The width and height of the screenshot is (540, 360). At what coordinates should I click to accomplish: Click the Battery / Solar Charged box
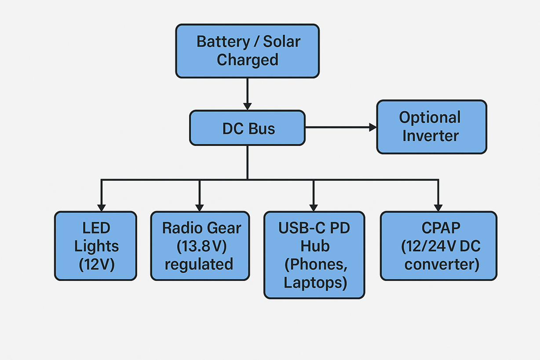click(x=247, y=51)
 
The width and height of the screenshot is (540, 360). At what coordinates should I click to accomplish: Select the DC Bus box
click(x=247, y=128)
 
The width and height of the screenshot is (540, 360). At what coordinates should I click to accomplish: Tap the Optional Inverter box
click(x=431, y=127)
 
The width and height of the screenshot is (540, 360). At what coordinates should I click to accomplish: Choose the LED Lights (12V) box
click(x=95, y=246)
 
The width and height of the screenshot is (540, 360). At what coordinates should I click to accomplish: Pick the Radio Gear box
click(x=200, y=246)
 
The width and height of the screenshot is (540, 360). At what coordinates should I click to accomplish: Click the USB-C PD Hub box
click(x=314, y=255)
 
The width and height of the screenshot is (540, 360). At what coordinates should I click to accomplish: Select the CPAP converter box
click(x=438, y=246)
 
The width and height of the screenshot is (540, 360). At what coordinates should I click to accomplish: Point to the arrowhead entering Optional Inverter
click(x=373, y=127)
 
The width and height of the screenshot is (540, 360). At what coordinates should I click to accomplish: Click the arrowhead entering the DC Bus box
click(x=247, y=106)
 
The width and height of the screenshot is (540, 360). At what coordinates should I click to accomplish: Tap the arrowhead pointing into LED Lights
click(x=102, y=207)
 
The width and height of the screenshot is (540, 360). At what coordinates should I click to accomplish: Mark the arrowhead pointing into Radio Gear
click(x=200, y=207)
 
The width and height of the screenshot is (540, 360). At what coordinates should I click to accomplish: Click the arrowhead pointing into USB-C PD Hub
click(x=314, y=207)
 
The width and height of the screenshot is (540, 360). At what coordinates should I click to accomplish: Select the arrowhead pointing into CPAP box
click(x=438, y=207)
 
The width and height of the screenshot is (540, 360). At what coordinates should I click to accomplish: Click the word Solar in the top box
click(x=282, y=42)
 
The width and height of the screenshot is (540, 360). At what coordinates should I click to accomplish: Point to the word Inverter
click(x=431, y=135)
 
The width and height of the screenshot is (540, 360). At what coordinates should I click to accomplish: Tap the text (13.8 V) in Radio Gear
click(x=201, y=246)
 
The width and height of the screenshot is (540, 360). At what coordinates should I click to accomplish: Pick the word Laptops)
click(x=315, y=282)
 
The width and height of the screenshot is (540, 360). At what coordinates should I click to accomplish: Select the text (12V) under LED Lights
click(x=96, y=265)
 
